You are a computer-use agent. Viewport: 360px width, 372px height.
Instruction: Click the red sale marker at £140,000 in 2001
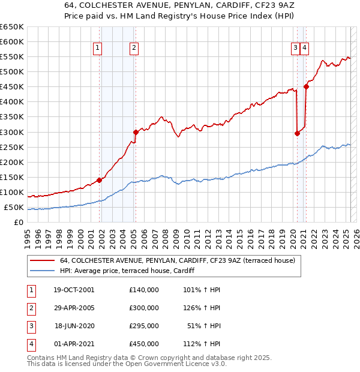99,179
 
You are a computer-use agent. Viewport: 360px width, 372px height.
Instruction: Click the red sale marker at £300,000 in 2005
136,132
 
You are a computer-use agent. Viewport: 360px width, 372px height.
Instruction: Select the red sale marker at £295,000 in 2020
297,133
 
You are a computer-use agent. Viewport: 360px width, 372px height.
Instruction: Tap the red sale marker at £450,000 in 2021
306,86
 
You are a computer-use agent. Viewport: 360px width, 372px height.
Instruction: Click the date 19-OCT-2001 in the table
74,290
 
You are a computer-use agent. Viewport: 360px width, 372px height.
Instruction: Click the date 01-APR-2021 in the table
74,344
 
